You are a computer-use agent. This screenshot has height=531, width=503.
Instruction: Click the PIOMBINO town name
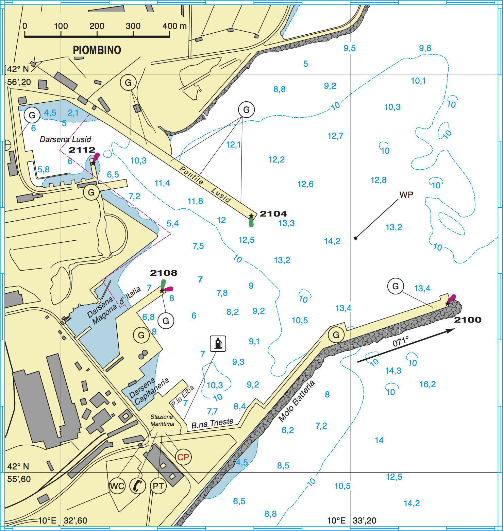click(x=97, y=50)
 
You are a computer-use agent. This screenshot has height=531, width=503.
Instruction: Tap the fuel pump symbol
click(x=218, y=343)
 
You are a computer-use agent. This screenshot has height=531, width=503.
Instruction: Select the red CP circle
click(x=183, y=457)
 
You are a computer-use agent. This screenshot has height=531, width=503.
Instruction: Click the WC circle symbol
click(x=117, y=486)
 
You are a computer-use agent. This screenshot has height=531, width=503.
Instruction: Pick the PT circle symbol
click(x=158, y=486)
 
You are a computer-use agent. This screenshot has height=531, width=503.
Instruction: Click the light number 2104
click(x=273, y=214)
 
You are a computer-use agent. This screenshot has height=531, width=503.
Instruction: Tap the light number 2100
click(x=468, y=320)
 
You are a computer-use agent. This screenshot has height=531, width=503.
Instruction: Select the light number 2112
click(x=82, y=150)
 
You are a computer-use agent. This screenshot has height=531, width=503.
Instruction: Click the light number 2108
click(x=164, y=273)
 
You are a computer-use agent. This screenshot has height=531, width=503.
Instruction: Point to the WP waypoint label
click(x=406, y=195)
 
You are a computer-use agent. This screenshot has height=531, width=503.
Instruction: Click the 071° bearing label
click(x=401, y=342)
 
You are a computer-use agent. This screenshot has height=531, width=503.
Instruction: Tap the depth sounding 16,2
click(x=427, y=384)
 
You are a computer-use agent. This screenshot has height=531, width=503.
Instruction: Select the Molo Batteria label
click(x=297, y=401)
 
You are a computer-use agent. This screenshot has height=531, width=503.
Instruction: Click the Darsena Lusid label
click(x=65, y=139)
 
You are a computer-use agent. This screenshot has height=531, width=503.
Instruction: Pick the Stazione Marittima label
click(x=162, y=421)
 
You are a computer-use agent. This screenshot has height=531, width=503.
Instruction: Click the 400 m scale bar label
click(x=174, y=26)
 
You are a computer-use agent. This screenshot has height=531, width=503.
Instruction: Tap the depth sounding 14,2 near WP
click(x=332, y=241)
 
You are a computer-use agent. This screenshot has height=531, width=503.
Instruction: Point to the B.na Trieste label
click(x=213, y=424)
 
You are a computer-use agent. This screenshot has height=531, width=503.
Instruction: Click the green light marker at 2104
click(x=251, y=223)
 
